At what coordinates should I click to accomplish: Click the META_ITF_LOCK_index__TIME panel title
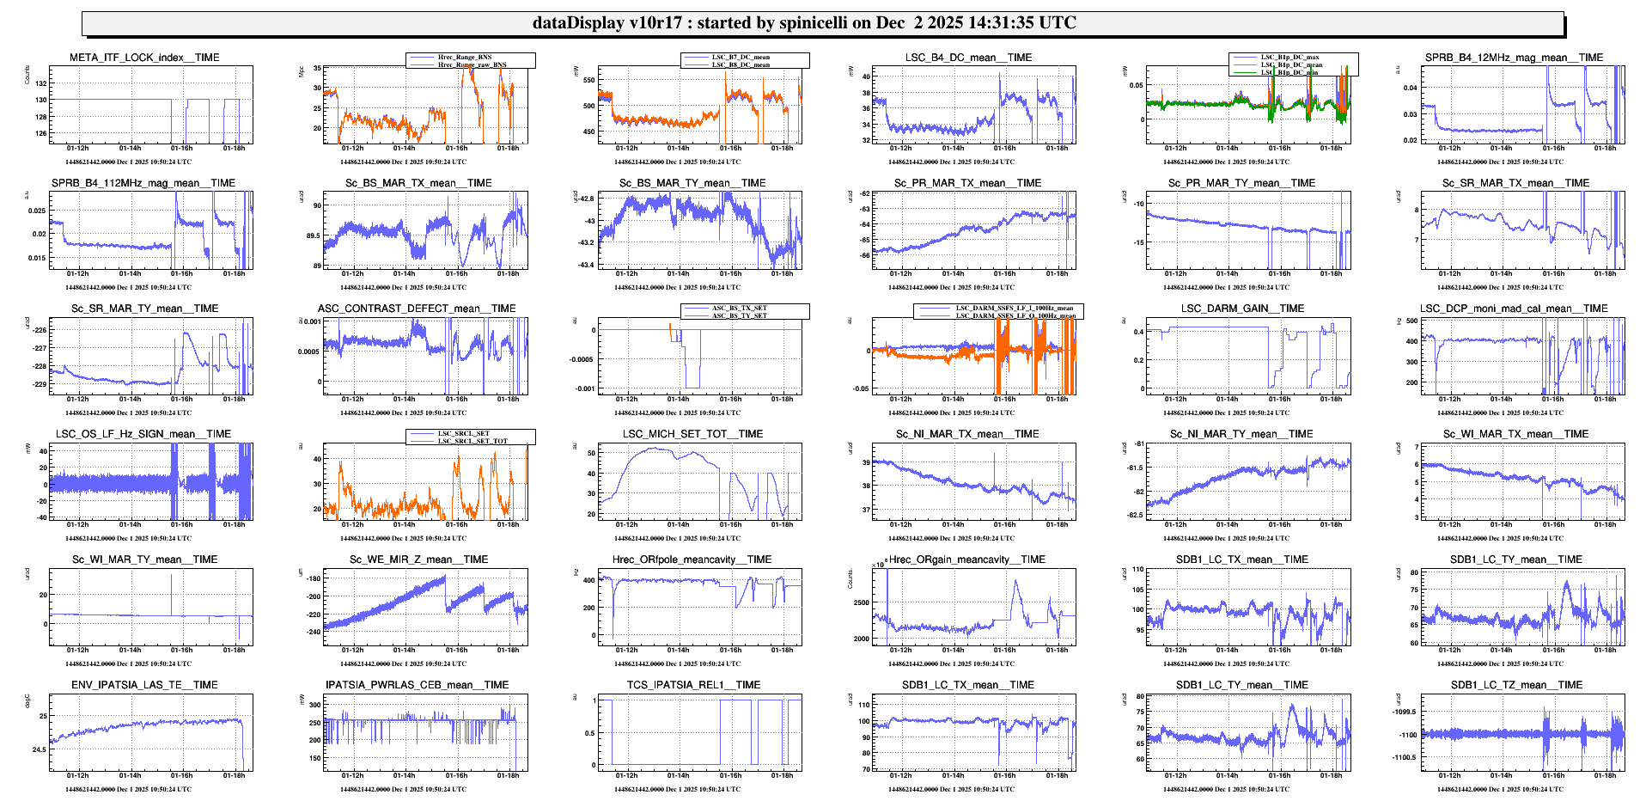(144, 58)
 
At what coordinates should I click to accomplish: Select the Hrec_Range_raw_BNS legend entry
(472, 64)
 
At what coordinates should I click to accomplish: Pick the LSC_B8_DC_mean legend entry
(741, 64)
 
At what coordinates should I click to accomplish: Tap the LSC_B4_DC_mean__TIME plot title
(968, 58)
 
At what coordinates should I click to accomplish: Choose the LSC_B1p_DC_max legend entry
(1289, 57)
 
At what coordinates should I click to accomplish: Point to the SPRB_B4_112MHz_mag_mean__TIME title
(143, 183)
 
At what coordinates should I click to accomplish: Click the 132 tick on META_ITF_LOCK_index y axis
(41, 83)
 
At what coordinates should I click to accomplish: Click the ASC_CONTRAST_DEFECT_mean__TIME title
(417, 309)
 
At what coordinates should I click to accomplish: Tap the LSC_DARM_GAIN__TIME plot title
(1242, 309)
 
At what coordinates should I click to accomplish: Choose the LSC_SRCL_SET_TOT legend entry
(472, 441)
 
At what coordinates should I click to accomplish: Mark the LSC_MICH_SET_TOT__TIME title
(692, 434)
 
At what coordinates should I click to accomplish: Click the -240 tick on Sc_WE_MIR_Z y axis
(313, 632)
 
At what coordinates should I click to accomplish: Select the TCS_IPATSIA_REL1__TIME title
(693, 685)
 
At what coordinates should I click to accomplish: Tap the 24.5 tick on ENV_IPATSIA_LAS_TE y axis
(40, 749)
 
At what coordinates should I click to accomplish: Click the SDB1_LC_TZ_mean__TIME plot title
(1516, 685)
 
